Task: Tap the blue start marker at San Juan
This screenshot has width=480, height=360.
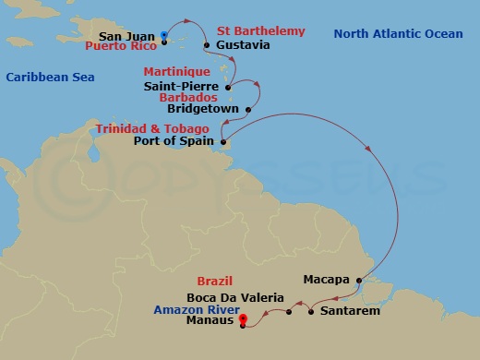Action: tap(163, 35)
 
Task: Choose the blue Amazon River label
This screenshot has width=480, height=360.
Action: tap(190, 312)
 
